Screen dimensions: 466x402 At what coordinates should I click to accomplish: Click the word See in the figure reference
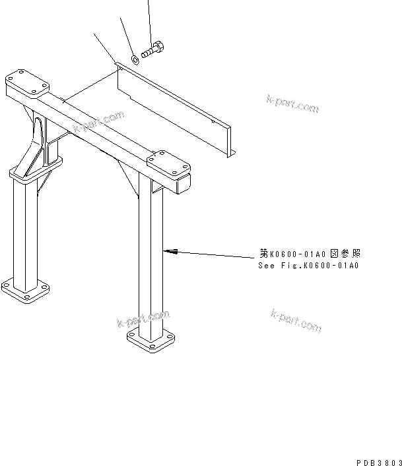[267, 266]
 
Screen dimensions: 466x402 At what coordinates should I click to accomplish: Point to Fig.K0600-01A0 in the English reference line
[320, 266]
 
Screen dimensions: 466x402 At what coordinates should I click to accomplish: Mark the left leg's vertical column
[24, 231]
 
